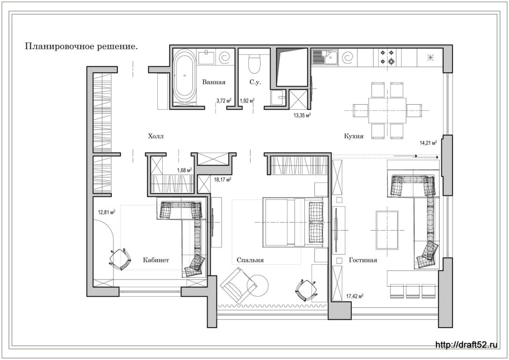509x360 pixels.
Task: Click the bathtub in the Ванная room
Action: [185, 77]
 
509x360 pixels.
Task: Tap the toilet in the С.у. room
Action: [254, 63]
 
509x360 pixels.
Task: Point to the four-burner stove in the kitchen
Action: [387, 57]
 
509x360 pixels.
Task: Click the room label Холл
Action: [156, 136]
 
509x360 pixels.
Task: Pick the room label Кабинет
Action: [156, 260]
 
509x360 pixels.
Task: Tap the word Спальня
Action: [250, 260]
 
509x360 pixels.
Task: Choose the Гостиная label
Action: [363, 260]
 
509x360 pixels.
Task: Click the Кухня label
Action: [354, 136]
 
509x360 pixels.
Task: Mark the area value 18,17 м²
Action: [223, 179]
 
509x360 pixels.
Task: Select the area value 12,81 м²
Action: [107, 213]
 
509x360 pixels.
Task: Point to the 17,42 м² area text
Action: [355, 296]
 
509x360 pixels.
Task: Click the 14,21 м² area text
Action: [428, 142]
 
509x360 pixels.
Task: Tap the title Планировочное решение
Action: [82, 47]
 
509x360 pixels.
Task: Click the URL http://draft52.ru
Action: [466, 345]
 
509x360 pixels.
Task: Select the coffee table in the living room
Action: [387, 230]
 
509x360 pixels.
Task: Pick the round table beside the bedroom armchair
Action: [257, 286]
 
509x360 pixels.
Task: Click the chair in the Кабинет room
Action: [120, 259]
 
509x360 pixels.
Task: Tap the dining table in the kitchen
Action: [387, 111]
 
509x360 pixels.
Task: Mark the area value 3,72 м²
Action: [223, 101]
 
